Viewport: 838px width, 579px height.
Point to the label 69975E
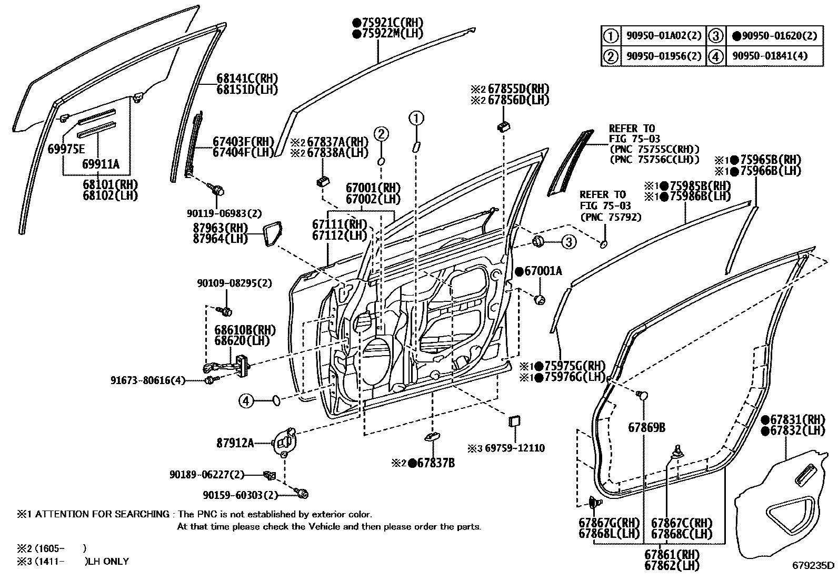66,149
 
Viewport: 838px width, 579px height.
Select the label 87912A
235,443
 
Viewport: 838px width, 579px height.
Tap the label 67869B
646,427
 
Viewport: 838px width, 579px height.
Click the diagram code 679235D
814,566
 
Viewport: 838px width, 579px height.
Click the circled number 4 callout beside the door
246,401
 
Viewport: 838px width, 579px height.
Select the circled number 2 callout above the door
382,134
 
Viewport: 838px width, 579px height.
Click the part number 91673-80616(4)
148,380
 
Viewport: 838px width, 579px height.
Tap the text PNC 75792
611,217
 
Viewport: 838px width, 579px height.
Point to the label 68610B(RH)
245,330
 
